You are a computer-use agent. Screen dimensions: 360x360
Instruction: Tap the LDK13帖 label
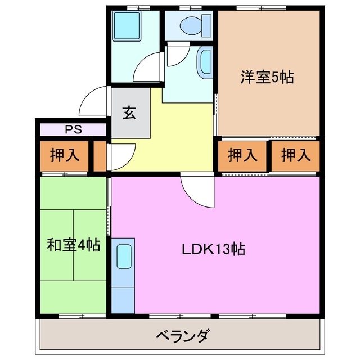pos(213,249)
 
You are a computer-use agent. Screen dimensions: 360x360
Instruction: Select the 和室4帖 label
pos(73,245)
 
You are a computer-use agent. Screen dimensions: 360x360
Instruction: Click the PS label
pos(73,129)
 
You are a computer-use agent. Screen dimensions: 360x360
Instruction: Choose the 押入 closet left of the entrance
pos(64,155)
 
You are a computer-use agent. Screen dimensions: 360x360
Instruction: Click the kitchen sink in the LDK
pos(124,256)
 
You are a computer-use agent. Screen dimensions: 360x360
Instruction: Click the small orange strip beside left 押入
pos(100,156)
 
